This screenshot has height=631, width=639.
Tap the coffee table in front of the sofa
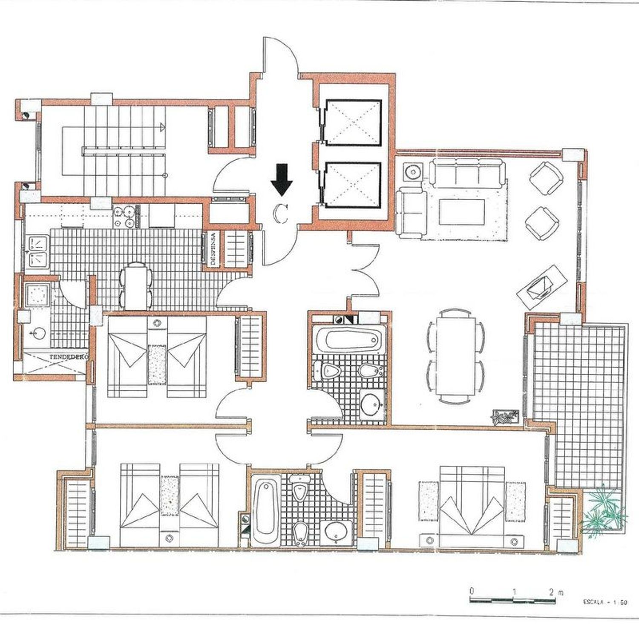(462, 212)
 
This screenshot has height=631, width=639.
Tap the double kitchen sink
(38, 252)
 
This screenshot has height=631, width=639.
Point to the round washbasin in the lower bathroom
(337, 532)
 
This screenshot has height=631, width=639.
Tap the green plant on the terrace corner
(604, 510)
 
